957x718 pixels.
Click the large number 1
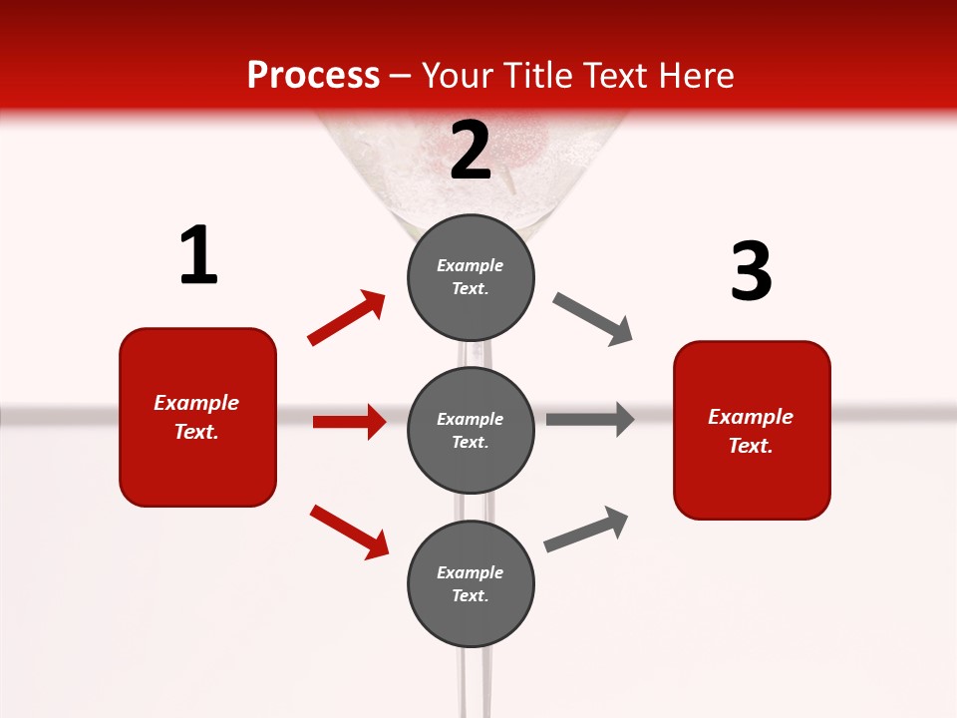(x=198, y=256)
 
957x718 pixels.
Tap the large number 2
(x=471, y=150)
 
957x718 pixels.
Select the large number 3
(x=751, y=271)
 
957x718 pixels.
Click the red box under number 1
(x=197, y=417)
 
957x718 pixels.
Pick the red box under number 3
(x=752, y=430)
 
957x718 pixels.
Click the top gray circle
(x=471, y=276)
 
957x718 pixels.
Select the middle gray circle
(x=471, y=430)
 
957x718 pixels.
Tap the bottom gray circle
(x=471, y=583)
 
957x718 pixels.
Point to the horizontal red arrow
(x=349, y=422)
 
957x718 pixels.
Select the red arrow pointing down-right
(x=349, y=531)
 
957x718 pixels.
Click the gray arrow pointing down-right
(x=593, y=319)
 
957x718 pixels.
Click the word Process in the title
(x=313, y=75)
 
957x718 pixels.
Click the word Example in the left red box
(x=196, y=403)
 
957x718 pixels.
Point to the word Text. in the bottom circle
(x=471, y=595)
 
